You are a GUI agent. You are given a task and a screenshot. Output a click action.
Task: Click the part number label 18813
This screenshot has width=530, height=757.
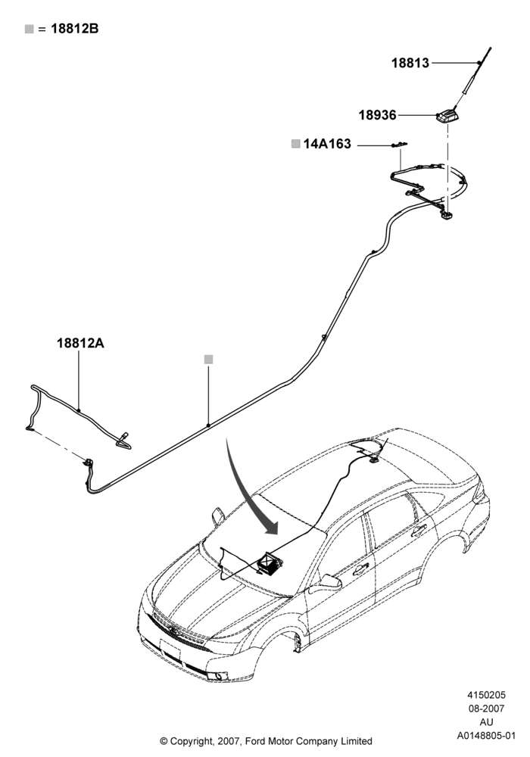(x=410, y=63)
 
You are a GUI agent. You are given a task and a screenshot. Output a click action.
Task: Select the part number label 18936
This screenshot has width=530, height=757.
(x=377, y=115)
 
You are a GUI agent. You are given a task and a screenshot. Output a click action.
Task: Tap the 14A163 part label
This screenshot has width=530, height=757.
(x=327, y=144)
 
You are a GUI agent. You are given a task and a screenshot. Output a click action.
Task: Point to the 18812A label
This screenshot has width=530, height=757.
(x=80, y=343)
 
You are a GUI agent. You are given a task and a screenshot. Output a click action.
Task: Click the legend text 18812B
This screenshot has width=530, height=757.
(x=74, y=29)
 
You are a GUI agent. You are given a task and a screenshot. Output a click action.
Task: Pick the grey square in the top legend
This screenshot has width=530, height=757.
(x=30, y=30)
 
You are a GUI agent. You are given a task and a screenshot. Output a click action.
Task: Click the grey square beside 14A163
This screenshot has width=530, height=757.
(x=296, y=144)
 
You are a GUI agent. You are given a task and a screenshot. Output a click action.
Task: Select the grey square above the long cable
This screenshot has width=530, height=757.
(x=208, y=359)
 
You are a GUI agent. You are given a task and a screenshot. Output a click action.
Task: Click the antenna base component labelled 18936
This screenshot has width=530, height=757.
(x=447, y=116)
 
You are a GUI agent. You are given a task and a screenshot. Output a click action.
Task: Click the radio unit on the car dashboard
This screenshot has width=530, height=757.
(x=270, y=564)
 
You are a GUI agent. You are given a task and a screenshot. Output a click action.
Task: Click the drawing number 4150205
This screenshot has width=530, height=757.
(x=486, y=695)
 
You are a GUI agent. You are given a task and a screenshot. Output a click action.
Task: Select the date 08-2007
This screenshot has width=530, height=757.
(x=486, y=709)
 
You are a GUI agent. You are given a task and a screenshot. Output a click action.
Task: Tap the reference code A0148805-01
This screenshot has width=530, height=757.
(x=486, y=736)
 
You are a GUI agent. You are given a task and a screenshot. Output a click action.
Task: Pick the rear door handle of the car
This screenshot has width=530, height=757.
(x=419, y=531)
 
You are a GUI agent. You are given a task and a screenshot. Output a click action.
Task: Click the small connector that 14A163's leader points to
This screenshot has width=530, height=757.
(x=399, y=145)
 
